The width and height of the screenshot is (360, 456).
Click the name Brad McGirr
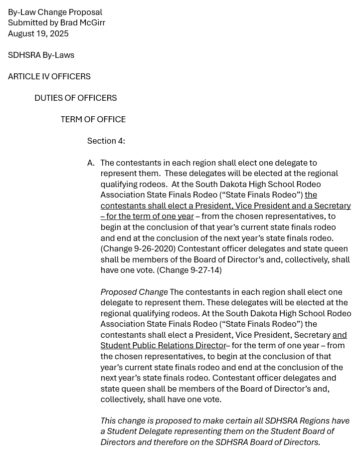83,23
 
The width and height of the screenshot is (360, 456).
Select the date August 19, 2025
38,34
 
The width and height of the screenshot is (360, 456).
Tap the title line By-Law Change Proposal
55,12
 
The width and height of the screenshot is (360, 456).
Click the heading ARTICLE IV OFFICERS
49,77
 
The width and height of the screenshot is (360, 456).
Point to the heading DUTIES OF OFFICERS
75,98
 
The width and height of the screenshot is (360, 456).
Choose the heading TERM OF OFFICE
93,120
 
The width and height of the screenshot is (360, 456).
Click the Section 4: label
106,141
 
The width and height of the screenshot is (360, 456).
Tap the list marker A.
91,163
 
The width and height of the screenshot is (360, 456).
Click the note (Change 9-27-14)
189,270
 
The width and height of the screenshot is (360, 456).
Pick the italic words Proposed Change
134,292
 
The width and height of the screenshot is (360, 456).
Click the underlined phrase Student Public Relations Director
163,346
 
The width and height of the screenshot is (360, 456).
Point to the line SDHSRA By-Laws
41,55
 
